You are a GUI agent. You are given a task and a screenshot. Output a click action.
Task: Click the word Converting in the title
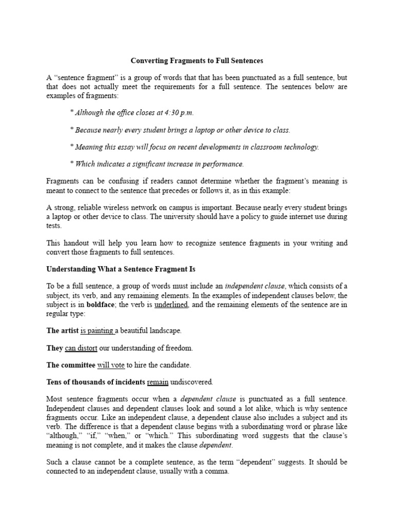point(148,60)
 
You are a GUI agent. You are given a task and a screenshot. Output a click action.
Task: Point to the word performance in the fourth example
point(225,164)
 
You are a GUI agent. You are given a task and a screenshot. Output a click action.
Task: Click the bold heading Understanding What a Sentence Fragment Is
point(121,269)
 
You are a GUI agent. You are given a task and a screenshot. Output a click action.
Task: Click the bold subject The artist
point(62,331)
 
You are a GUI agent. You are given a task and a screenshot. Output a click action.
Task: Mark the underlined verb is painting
point(97,331)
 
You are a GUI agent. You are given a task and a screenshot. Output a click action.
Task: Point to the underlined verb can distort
point(81,348)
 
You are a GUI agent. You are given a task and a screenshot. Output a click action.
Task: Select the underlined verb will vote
point(111,365)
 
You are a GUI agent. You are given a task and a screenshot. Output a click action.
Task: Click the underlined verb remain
point(158,382)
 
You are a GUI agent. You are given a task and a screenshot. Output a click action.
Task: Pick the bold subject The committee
point(71,365)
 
